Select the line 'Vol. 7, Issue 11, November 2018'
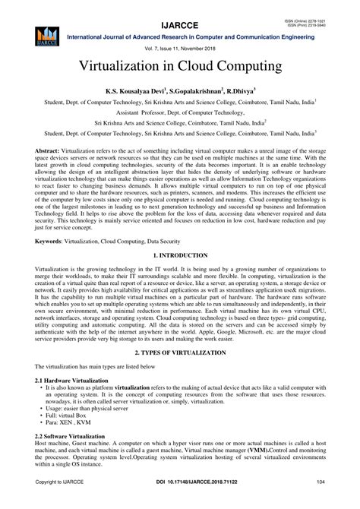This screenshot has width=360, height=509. pos(180,48)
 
